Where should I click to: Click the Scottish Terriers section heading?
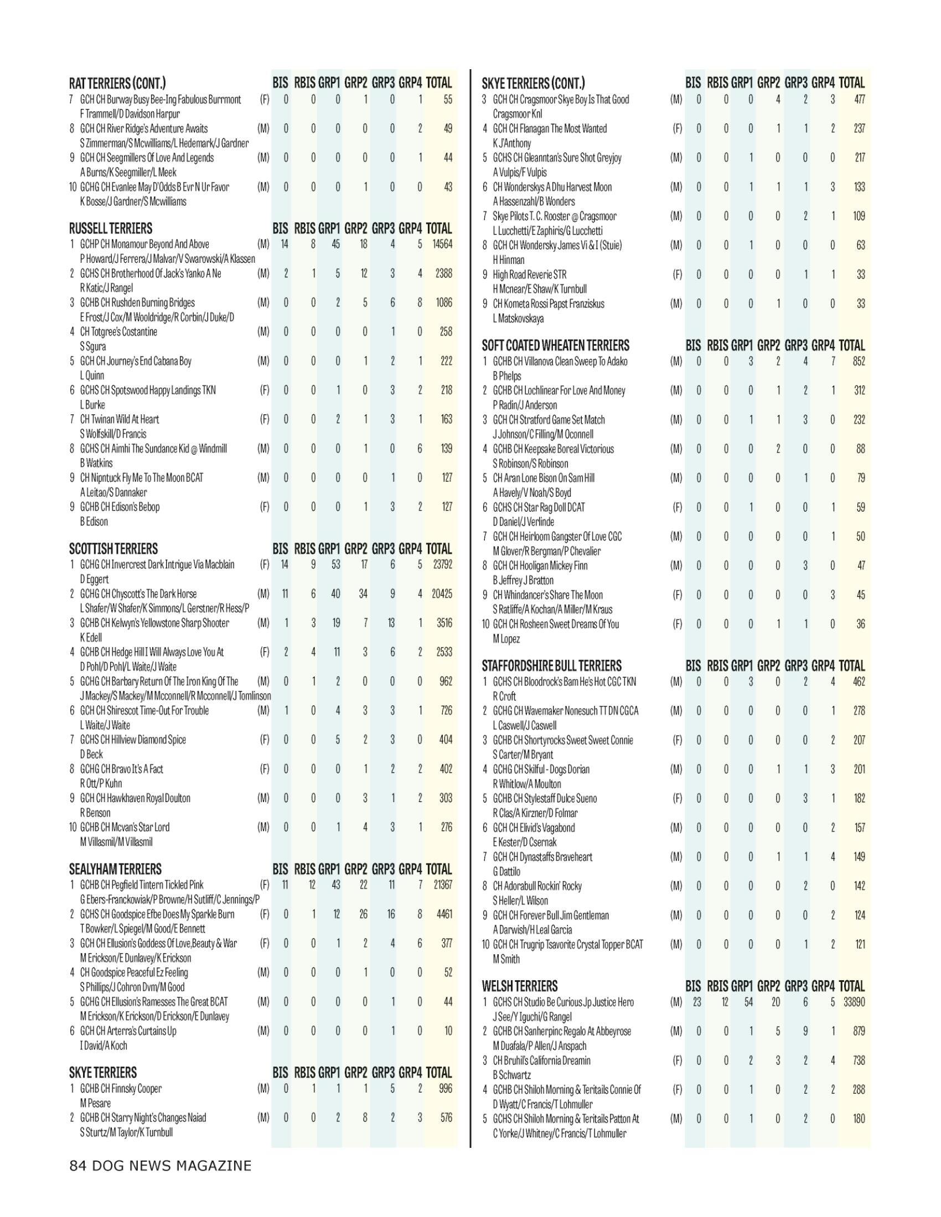(x=113, y=549)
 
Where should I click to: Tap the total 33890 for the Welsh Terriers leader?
(x=854, y=1002)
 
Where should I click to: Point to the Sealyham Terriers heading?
(x=115, y=869)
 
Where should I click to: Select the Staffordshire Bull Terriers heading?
(x=551, y=666)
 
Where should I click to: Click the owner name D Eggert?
(x=94, y=579)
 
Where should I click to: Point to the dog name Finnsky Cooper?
(x=136, y=1088)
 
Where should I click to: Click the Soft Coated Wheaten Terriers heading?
(x=555, y=346)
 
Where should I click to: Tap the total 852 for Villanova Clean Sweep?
(x=859, y=361)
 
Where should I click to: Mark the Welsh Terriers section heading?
(x=520, y=986)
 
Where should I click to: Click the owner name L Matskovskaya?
(x=518, y=319)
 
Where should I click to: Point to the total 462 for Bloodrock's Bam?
(x=859, y=682)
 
